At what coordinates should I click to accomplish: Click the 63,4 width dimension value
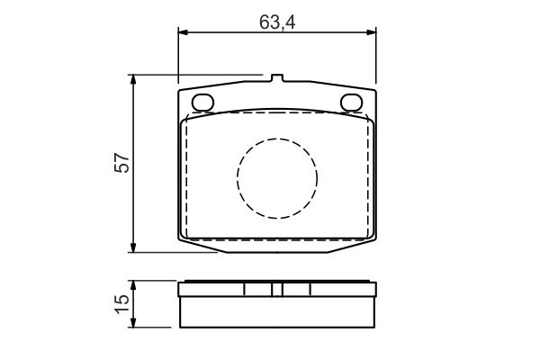coord(277,22)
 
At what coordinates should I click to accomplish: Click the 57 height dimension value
coord(122,163)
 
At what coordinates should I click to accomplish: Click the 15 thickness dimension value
coord(122,304)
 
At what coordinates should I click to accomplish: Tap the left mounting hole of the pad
coord(202,103)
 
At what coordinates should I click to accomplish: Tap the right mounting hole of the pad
coord(352,103)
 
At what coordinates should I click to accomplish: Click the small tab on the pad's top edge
coord(277,78)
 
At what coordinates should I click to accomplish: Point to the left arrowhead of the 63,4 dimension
coord(183,32)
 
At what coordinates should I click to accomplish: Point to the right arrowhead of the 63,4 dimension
coord(372,32)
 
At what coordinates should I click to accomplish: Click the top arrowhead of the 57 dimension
coord(133,79)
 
